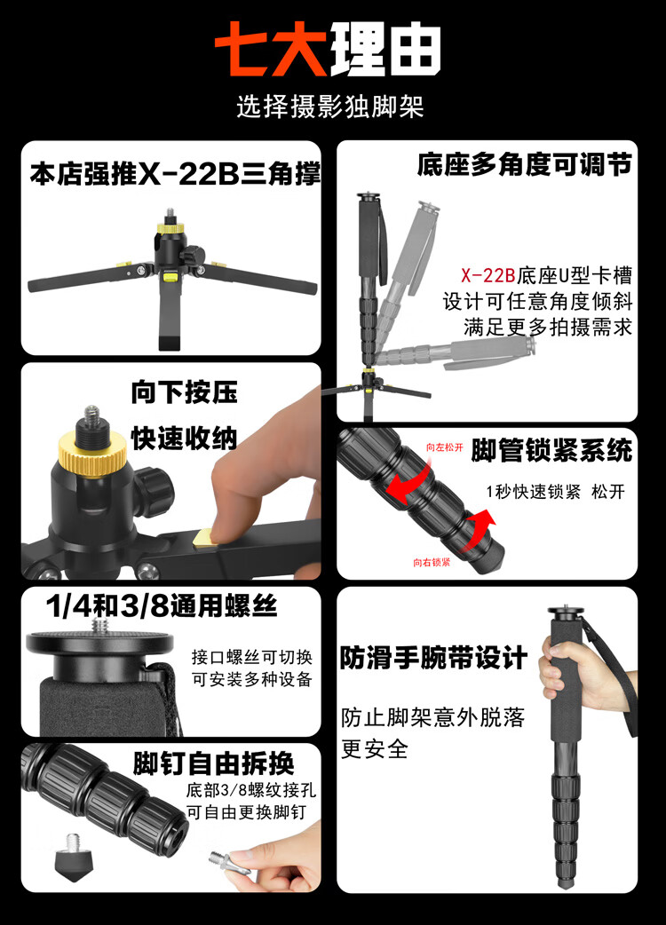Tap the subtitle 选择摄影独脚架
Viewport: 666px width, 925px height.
(x=330, y=107)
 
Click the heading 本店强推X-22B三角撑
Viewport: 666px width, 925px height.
(x=175, y=174)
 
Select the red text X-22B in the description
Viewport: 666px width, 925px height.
(x=488, y=275)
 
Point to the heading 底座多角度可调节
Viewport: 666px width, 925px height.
(x=525, y=164)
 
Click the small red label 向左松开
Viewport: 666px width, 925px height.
(x=445, y=447)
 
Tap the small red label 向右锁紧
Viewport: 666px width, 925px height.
(x=432, y=562)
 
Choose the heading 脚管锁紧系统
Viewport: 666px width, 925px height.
(x=551, y=451)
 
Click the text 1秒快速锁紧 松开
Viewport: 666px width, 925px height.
(x=555, y=492)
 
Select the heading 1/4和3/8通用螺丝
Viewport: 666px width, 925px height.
(x=161, y=605)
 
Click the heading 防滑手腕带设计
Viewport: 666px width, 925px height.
(x=433, y=658)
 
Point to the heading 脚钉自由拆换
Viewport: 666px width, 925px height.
(x=213, y=764)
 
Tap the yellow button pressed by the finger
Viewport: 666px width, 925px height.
(x=206, y=538)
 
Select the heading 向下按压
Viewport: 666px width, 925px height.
(x=184, y=392)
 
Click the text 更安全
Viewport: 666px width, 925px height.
(x=374, y=749)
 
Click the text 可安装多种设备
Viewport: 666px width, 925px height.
(x=252, y=680)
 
